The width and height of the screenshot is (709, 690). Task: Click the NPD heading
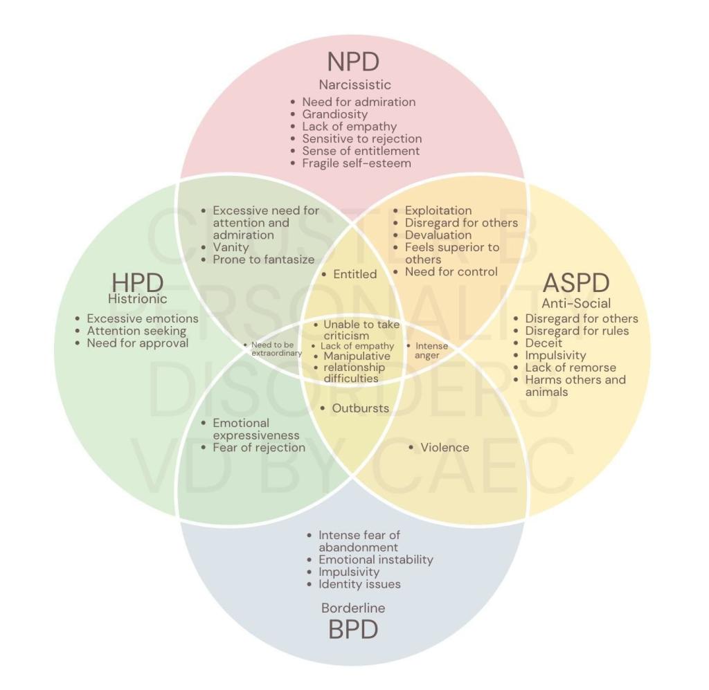(x=353, y=61)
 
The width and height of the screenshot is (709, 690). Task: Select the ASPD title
(x=576, y=282)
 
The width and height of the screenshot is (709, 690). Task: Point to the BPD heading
(x=354, y=630)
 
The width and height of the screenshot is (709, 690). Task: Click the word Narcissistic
(x=354, y=85)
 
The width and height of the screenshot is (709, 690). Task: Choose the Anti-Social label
(x=576, y=303)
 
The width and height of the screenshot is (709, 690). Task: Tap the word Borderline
(x=353, y=608)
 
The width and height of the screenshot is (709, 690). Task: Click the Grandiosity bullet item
(x=335, y=114)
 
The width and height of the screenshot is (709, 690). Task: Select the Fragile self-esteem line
(x=357, y=163)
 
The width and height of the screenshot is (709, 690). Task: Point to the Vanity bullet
(x=232, y=247)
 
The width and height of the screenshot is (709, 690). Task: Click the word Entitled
(x=354, y=274)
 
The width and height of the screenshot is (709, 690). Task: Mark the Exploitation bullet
(x=438, y=210)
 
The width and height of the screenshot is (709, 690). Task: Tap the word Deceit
(x=544, y=343)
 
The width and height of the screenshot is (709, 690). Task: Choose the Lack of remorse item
(x=570, y=367)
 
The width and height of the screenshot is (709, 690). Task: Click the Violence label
(x=445, y=448)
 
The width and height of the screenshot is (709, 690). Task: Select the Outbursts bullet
(x=360, y=408)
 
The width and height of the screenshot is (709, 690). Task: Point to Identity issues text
(x=359, y=584)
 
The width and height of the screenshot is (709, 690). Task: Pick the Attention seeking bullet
(x=136, y=331)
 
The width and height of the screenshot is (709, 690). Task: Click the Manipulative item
(x=357, y=356)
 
